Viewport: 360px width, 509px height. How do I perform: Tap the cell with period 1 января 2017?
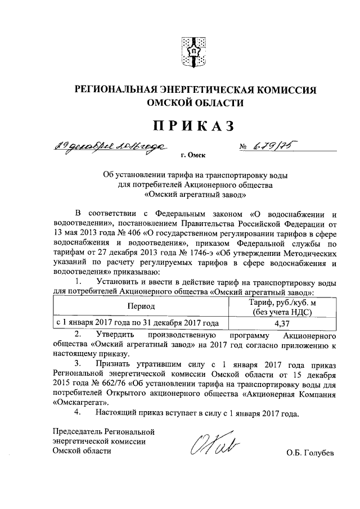click(x=136, y=323)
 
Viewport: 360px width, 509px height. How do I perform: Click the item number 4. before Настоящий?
click(x=78, y=414)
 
